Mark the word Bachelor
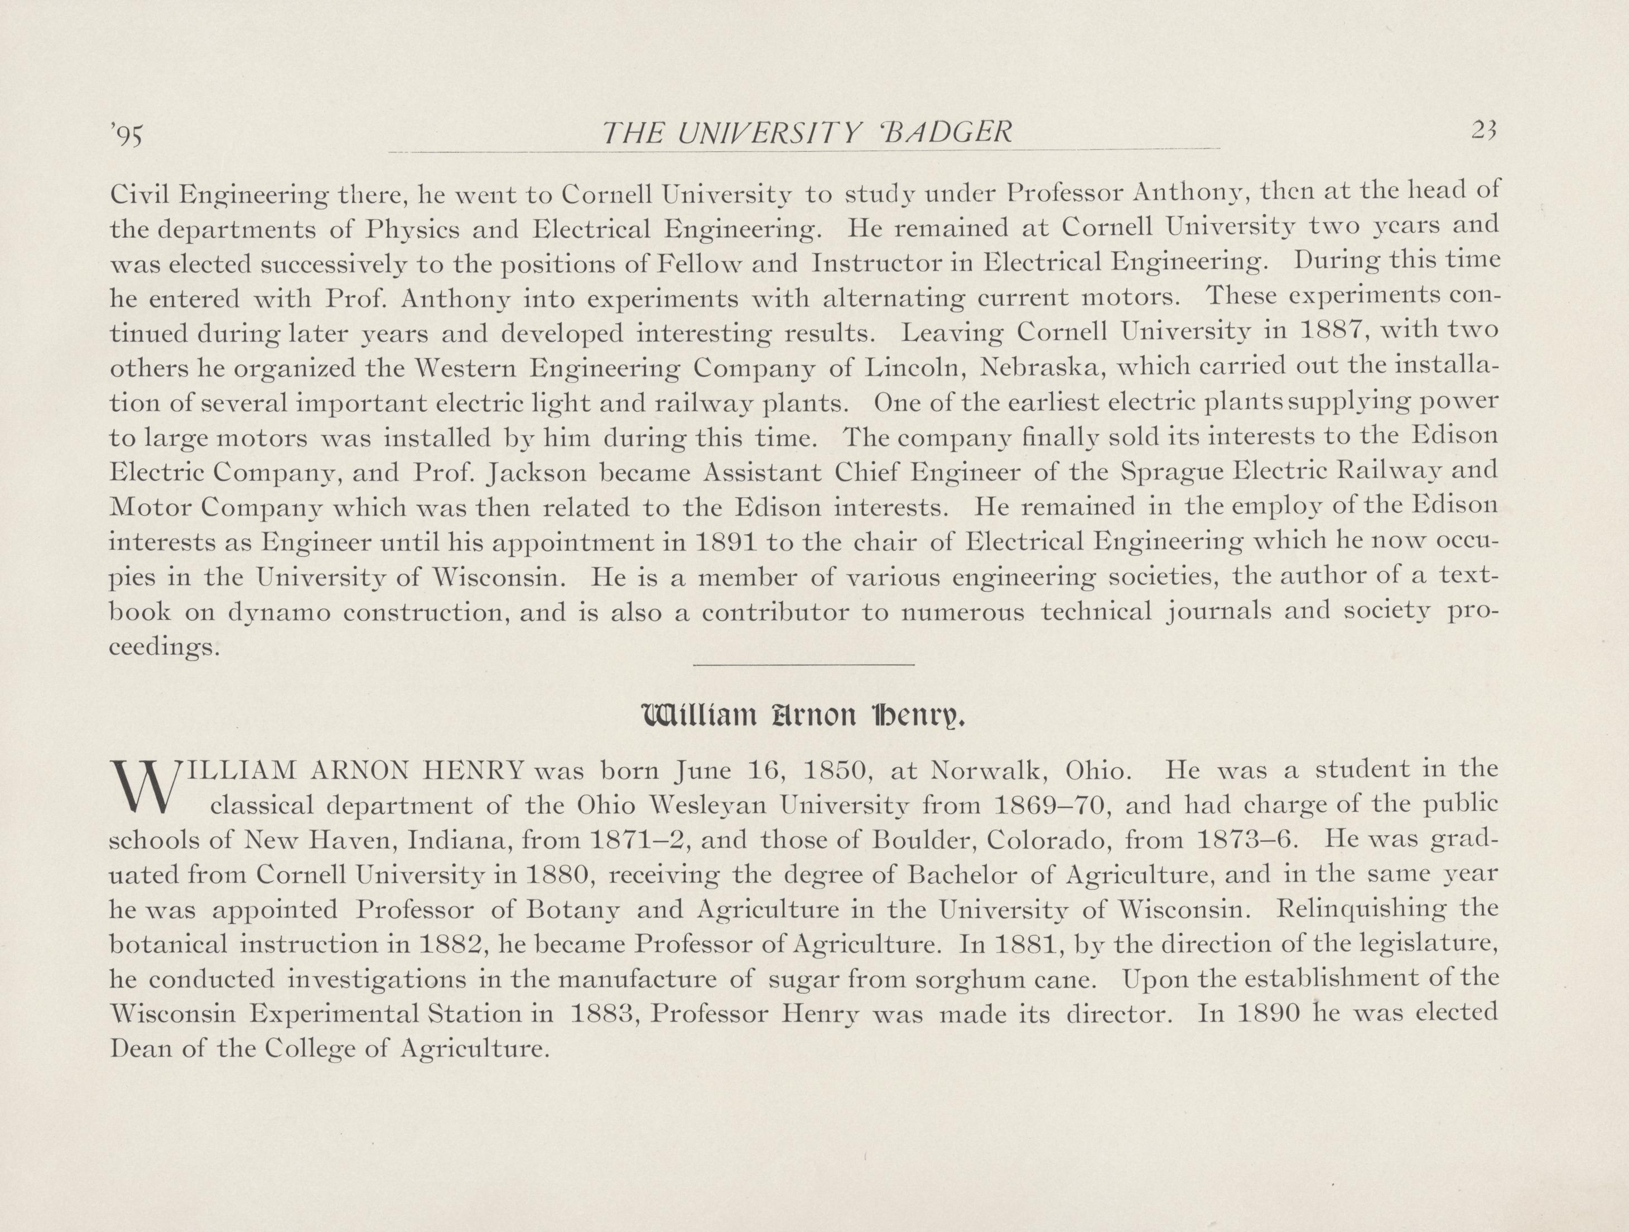pos(961,875)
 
